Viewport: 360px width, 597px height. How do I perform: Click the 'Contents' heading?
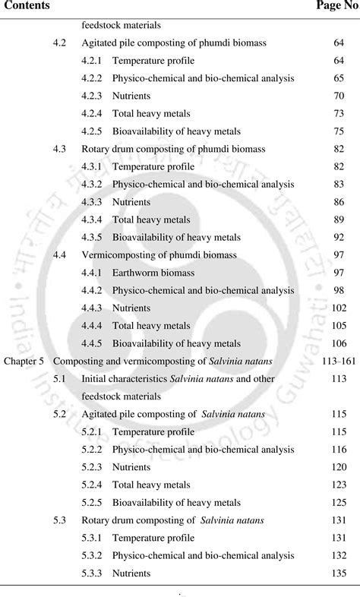coord(25,6)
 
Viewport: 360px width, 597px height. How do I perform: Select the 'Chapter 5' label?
coord(24,361)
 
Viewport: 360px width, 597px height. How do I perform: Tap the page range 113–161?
coord(331,361)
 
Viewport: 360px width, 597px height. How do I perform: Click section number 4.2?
coord(60,43)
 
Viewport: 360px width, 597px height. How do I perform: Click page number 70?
coord(339,96)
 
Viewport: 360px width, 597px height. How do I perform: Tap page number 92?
coord(339,237)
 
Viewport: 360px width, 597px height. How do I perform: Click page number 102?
coord(339,308)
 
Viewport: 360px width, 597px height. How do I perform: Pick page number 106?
coord(339,343)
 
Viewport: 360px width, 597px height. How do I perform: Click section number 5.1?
coord(60,378)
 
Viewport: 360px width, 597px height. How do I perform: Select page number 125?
coord(339,502)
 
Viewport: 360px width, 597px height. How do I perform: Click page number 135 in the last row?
coord(339,573)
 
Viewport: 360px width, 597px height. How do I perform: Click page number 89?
coord(339,220)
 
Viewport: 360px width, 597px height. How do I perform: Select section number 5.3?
coord(60,520)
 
